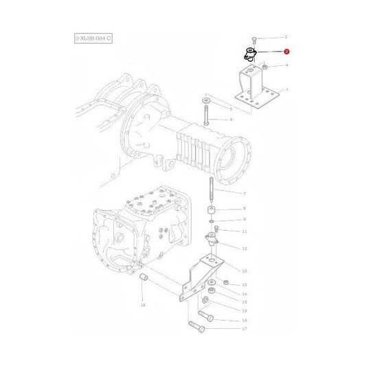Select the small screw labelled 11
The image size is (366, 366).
pyautogui.click(x=218, y=229)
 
